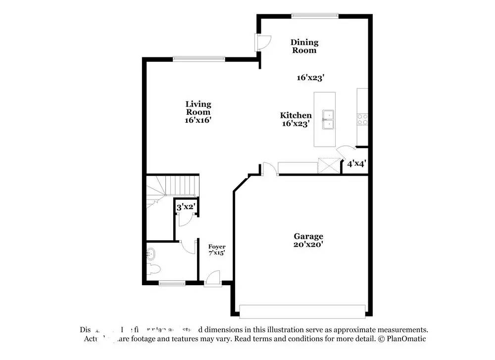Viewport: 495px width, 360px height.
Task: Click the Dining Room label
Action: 304,46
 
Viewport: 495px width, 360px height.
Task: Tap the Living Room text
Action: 198,107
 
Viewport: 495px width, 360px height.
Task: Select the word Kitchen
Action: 296,115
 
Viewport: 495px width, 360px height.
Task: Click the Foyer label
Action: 217,247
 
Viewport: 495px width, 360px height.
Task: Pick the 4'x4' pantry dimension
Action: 356,163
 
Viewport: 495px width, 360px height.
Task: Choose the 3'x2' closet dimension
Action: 186,207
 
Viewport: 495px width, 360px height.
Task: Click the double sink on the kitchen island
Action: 328,119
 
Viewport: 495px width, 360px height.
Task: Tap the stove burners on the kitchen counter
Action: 362,119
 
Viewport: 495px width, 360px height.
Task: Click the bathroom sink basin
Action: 150,255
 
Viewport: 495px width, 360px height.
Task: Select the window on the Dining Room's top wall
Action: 315,16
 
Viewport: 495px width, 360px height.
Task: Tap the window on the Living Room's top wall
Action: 199,59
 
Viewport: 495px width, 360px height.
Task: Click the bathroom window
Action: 172,283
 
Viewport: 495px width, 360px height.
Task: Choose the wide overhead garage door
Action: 302,311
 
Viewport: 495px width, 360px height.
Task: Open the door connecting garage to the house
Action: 269,169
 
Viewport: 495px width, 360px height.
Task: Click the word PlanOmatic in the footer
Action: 405,339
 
